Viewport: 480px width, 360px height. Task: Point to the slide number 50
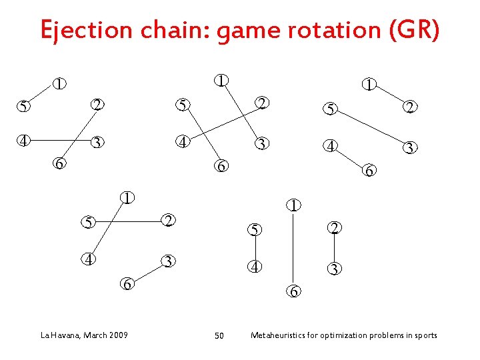pyautogui.click(x=219, y=335)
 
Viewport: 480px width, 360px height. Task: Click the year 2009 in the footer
pyautogui.click(x=117, y=335)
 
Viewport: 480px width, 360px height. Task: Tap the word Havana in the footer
pyautogui.click(x=63, y=335)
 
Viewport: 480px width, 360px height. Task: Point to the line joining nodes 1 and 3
pyautogui.click(x=241, y=112)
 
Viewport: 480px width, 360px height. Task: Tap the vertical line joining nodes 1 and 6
pyautogui.click(x=293, y=248)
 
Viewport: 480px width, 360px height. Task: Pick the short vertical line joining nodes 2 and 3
pyautogui.click(x=334, y=249)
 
